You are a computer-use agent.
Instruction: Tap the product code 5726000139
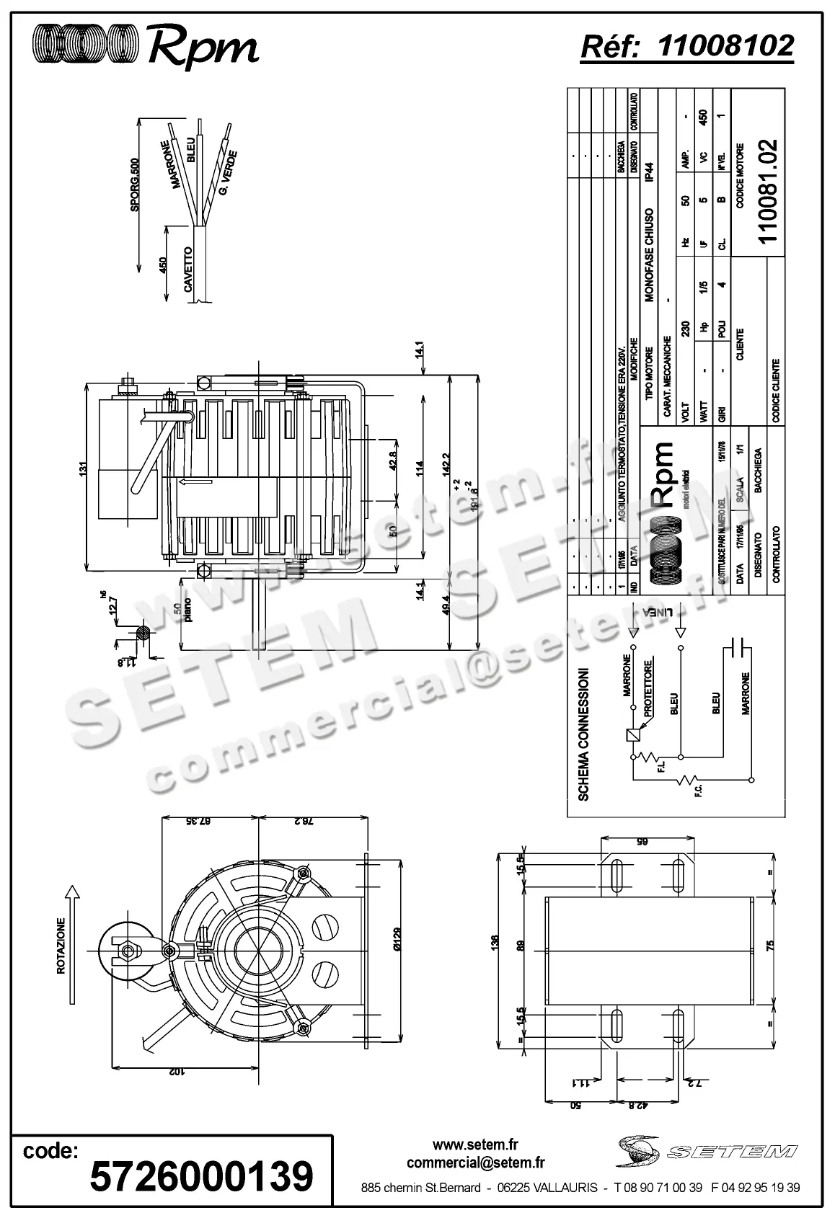click(x=201, y=1176)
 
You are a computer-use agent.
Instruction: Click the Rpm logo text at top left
click(x=203, y=48)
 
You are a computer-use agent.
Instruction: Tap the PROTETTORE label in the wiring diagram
click(x=648, y=688)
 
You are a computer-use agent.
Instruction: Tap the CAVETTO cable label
click(x=188, y=269)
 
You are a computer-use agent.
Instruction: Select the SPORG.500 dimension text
click(x=134, y=185)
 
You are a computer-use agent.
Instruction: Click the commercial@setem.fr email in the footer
click(x=475, y=1163)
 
